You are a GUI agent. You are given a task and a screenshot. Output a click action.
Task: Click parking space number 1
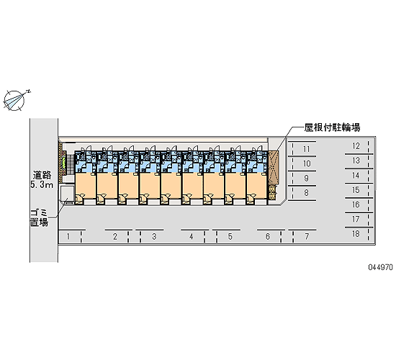pyautogui.click(x=70, y=237)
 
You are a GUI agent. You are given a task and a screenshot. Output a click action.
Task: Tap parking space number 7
pyautogui.click(x=305, y=237)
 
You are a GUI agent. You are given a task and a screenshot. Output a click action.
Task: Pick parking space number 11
pyautogui.click(x=304, y=149)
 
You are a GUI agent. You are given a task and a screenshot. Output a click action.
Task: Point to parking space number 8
pyautogui.click(x=304, y=193)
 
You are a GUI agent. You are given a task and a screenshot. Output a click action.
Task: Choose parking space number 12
pyautogui.click(x=356, y=146)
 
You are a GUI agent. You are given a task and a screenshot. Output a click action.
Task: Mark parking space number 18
pyautogui.click(x=356, y=234)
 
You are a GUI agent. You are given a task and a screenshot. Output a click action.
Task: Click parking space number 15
pyautogui.click(x=356, y=190)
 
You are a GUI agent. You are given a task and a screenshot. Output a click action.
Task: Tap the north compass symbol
pyautogui.click(x=14, y=100)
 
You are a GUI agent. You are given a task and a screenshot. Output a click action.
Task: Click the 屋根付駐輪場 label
pyautogui.click(x=332, y=127)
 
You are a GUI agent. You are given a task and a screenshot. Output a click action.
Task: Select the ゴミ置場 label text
pyautogui.click(x=39, y=217)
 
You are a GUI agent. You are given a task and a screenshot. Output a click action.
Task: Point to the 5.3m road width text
pyautogui.click(x=42, y=185)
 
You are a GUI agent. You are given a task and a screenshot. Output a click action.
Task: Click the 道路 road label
pyautogui.click(x=42, y=175)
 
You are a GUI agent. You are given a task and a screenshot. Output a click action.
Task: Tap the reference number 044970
pyautogui.click(x=381, y=267)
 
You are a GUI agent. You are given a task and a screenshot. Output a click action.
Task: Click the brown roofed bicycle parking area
pyautogui.click(x=274, y=168)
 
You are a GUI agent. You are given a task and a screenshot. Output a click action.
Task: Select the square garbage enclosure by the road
pyautogui.click(x=67, y=194)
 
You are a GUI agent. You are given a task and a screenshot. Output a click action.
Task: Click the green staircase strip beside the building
pyautogui.click(x=64, y=163)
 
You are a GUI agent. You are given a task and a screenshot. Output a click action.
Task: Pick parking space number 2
pyautogui.click(x=117, y=237)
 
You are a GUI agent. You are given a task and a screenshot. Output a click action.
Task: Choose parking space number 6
pyautogui.click(x=269, y=237)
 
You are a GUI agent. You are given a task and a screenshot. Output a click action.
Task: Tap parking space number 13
pyautogui.click(x=356, y=161)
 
